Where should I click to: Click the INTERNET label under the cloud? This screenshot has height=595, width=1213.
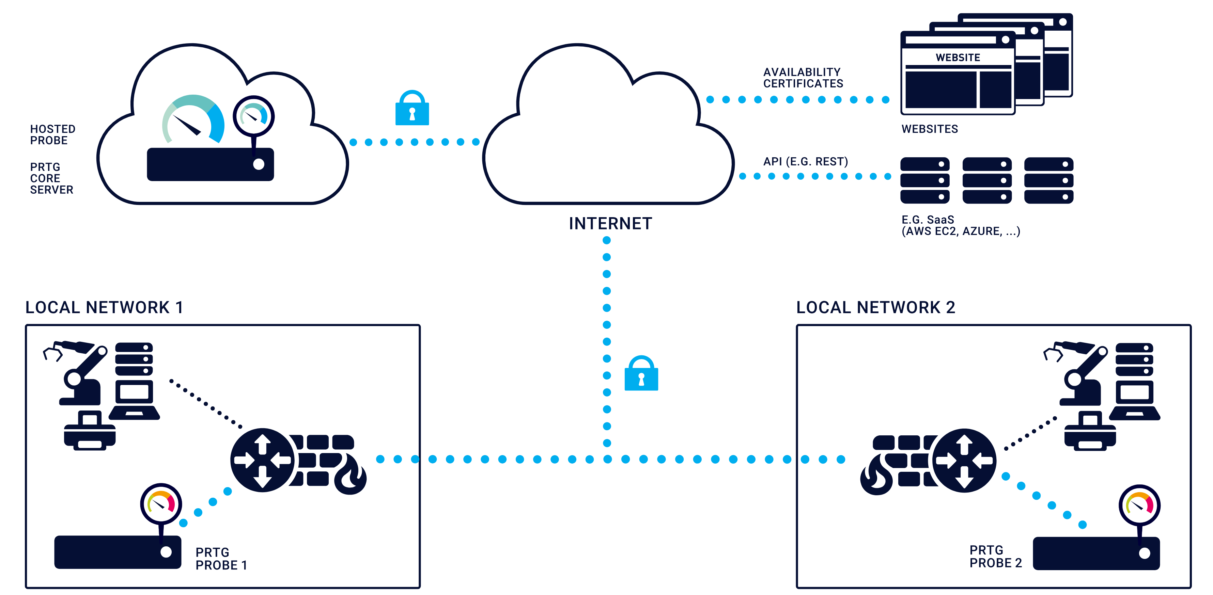610,223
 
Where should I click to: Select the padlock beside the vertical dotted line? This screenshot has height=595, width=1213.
641,374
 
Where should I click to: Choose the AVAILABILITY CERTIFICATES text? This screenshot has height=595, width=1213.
803,78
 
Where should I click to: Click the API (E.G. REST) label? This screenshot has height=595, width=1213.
805,161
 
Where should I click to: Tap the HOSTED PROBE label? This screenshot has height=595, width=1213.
52,135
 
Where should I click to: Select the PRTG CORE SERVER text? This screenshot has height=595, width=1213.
51,178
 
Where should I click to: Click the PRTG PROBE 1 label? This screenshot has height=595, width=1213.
221,558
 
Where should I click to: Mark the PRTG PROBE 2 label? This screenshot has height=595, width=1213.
995,557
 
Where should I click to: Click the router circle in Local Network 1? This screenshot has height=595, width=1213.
262,460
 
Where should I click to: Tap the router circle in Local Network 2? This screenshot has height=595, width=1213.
964,460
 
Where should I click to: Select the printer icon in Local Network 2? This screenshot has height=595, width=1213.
1090,431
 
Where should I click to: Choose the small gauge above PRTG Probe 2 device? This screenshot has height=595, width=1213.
1139,505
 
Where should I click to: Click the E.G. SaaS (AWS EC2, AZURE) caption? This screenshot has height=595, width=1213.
960,225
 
